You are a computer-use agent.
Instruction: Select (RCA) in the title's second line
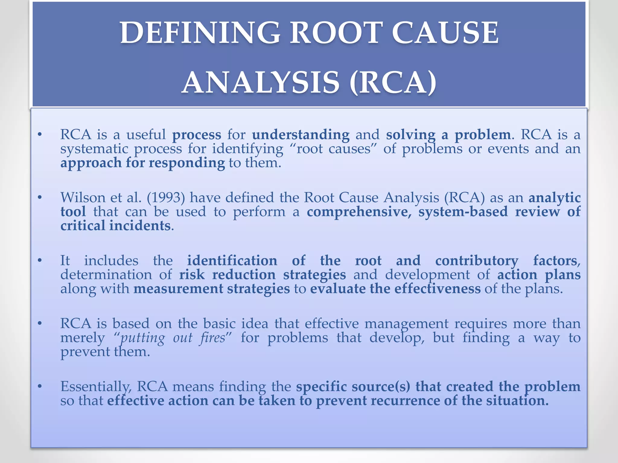coord(393,83)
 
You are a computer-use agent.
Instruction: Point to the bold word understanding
coord(301,135)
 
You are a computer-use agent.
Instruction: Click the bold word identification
coord(232,261)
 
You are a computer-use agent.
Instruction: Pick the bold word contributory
coord(477,261)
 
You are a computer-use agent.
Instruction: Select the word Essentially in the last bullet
coord(96,387)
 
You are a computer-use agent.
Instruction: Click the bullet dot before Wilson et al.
coord(40,198)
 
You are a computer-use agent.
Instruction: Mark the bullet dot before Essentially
coord(40,387)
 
